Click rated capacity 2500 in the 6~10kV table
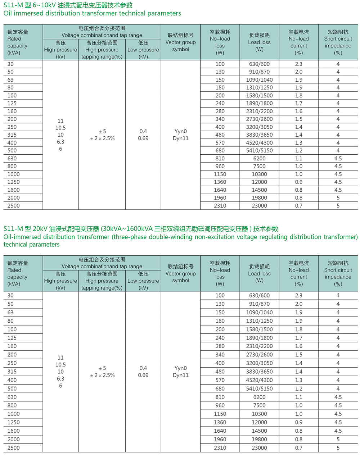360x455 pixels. click(x=14, y=206)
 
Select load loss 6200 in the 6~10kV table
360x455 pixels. click(x=259, y=159)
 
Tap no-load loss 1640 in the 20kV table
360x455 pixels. click(x=220, y=431)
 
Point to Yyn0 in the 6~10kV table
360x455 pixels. click(x=181, y=131)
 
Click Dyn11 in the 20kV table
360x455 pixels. click(x=181, y=375)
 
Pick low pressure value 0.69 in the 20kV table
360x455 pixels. click(x=143, y=375)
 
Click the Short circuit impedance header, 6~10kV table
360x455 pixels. click(x=338, y=42)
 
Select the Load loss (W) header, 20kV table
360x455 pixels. click(x=259, y=273)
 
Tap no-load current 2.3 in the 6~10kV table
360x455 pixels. click(x=299, y=64)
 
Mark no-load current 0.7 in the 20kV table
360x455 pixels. click(x=299, y=448)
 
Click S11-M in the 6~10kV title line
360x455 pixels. click(x=13, y=5)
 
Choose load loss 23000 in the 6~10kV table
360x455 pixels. click(x=259, y=206)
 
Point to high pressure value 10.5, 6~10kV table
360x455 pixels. click(x=60, y=128)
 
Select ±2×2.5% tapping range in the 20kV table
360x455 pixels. click(x=102, y=375)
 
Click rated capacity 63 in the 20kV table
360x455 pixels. click(x=10, y=312)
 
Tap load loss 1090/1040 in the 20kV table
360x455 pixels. click(x=259, y=312)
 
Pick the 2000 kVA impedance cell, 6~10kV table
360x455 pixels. click(x=338, y=198)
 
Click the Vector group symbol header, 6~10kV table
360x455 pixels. click(x=181, y=42)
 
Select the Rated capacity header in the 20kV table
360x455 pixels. click(x=18, y=273)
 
